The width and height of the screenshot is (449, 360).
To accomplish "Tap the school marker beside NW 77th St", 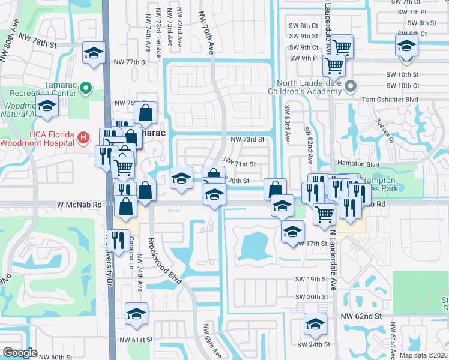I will click(x=94, y=53).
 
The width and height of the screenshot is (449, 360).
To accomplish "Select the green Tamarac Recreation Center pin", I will click(x=85, y=89).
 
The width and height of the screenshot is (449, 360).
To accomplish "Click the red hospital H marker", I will click(x=83, y=138).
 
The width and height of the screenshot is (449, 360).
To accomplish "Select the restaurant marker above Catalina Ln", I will click(x=118, y=240).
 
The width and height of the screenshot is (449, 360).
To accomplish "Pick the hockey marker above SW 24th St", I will click(x=315, y=325).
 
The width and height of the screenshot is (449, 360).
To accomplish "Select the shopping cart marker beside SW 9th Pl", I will click(x=333, y=65).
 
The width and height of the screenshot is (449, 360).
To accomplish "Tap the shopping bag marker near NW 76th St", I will click(x=146, y=112).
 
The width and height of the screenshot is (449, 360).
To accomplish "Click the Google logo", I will click(x=20, y=353).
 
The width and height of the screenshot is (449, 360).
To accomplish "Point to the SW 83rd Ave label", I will click(x=286, y=128).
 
